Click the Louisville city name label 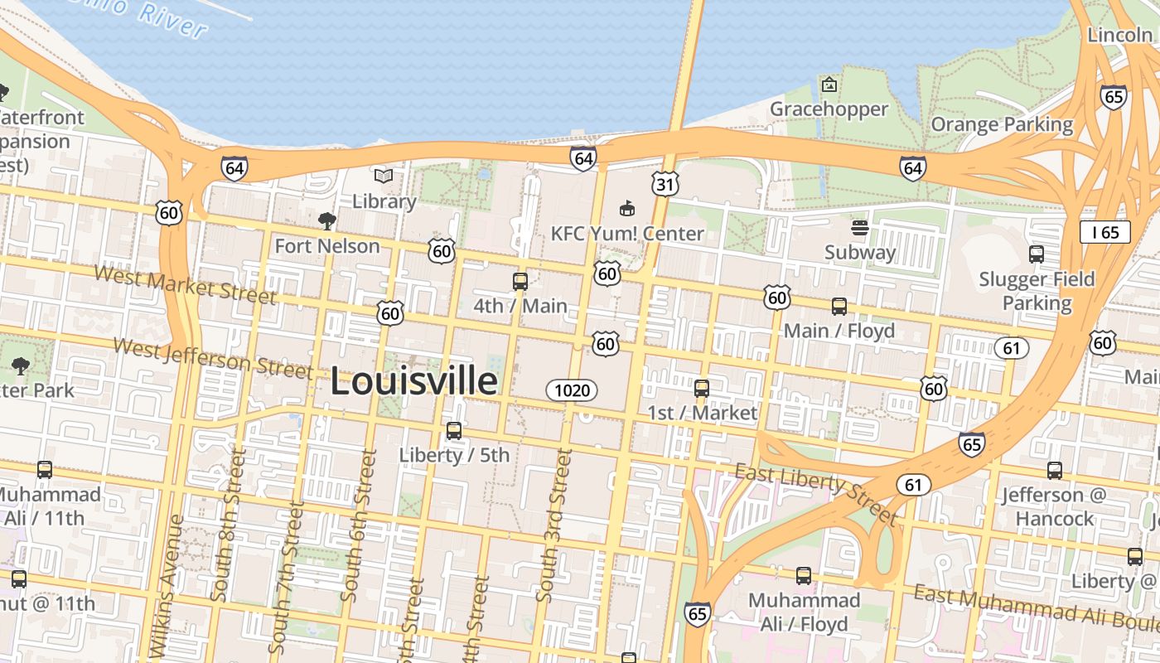[x=414, y=382]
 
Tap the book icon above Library [x=384, y=176]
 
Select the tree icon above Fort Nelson [x=327, y=220]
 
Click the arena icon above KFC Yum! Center [x=627, y=208]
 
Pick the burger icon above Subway [x=860, y=227]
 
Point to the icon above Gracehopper [x=829, y=85]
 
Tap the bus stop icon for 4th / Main [x=520, y=282]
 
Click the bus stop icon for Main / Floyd [x=839, y=307]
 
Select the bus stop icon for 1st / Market [x=702, y=388]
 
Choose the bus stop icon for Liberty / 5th [x=454, y=431]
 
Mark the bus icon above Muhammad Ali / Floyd [x=803, y=575]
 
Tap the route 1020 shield [x=572, y=390]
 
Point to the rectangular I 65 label [x=1105, y=232]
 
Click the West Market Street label [x=185, y=284]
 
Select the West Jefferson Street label [x=213, y=358]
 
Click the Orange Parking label [x=1002, y=125]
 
